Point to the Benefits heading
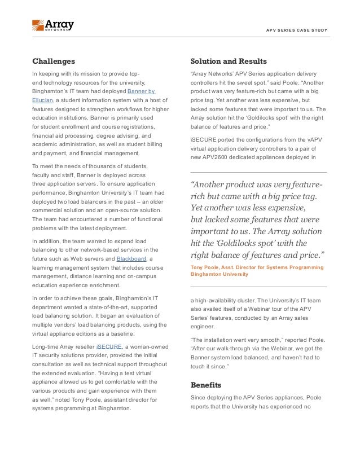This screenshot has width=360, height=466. [206, 385]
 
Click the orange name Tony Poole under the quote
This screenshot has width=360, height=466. [208, 267]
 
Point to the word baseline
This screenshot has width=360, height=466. [118, 333]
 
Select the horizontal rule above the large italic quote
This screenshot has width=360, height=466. [258, 172]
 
